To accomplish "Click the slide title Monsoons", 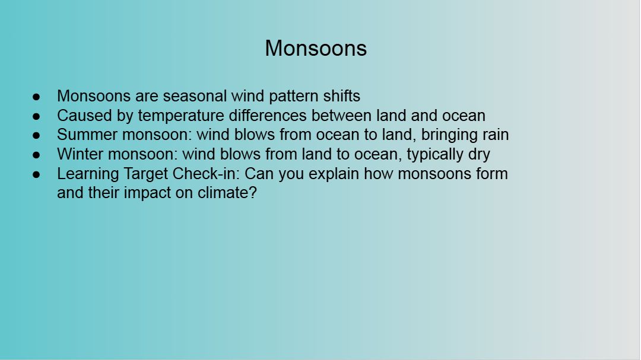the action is coord(316,48).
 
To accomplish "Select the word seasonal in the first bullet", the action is coord(195,96).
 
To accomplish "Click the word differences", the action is coord(268,116).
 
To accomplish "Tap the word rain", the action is coord(495,135).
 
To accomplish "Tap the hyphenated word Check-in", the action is coord(205,174).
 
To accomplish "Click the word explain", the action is coord(334,174).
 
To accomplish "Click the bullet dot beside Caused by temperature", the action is coord(36,116).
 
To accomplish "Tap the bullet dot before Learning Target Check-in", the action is coord(36,174).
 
